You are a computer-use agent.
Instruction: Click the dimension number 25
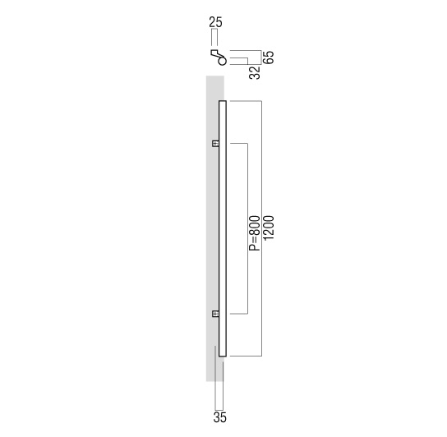click(x=215, y=22)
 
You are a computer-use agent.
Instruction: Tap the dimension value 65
click(x=270, y=57)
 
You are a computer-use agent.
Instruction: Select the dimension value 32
click(x=255, y=72)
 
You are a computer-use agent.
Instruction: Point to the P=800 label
click(x=255, y=233)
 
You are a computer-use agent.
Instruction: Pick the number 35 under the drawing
click(x=219, y=417)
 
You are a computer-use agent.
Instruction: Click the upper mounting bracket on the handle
click(x=215, y=144)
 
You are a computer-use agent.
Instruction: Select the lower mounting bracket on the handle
click(x=215, y=314)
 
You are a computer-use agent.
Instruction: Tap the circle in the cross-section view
click(x=222, y=61)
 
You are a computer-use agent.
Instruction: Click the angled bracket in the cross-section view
click(x=216, y=54)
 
